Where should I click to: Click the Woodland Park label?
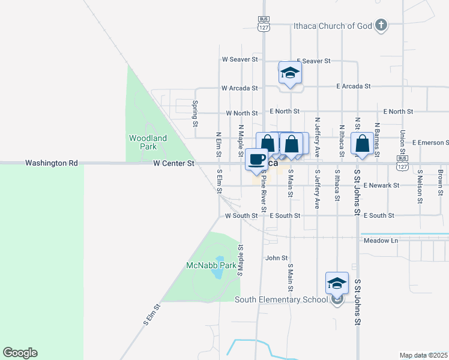coord(148,142)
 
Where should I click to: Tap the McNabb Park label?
coord(203,265)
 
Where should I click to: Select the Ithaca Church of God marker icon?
coord(381,25)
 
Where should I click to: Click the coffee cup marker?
coord(256,160)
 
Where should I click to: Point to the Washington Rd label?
coord(52,163)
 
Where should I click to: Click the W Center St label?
coord(174,163)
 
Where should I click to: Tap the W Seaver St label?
coord(240,59)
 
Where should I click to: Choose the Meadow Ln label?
coord(381,241)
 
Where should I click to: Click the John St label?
coord(277,258)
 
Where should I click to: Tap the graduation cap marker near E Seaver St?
coord(290,73)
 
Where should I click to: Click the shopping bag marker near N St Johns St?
coord(362,144)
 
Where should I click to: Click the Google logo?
coord(20,353)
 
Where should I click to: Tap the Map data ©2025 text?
coord(423,355)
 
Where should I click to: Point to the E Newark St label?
coord(381,186)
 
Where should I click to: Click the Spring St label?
coord(195,113)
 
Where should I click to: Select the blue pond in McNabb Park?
coord(216,273)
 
